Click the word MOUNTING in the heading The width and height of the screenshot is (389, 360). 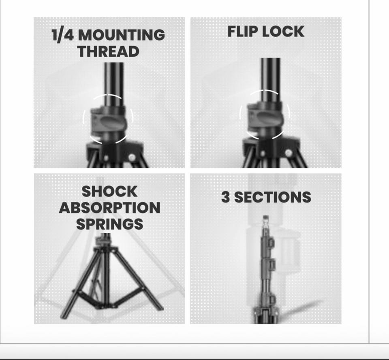pyautogui.click(x=121, y=35)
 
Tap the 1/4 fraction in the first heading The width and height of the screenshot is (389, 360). pyautogui.click(x=63, y=35)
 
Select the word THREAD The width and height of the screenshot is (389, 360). pyautogui.click(x=108, y=51)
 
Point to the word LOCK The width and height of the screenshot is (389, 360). pyautogui.click(x=283, y=32)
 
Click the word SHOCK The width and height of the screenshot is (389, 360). pyautogui.click(x=109, y=192)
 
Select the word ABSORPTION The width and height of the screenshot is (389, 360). pyautogui.click(x=109, y=208)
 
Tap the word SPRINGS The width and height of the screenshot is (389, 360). pyautogui.click(x=109, y=224)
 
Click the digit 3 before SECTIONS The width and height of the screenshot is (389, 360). pyautogui.click(x=225, y=197)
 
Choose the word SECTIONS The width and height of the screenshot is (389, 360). pyautogui.click(x=273, y=197)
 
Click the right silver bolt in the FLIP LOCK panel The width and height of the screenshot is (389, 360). pyautogui.click(x=288, y=153)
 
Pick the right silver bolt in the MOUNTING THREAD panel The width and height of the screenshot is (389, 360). pyautogui.click(x=132, y=157)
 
